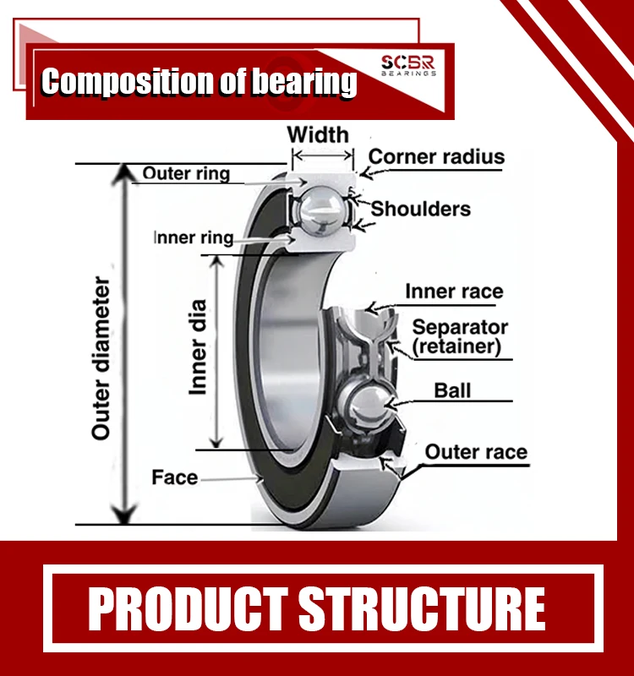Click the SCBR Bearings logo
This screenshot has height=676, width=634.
[407, 65]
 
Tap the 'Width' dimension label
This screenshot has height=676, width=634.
[317, 134]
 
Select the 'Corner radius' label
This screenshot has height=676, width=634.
[436, 156]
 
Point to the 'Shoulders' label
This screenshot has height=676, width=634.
[421, 208]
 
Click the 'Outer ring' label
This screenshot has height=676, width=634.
[186, 174]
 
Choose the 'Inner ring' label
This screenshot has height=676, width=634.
[193, 237]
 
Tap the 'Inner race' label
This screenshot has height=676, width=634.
[454, 292]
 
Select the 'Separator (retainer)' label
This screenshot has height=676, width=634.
[460, 336]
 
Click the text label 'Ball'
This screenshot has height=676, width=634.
[452, 390]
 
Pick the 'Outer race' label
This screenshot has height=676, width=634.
[475, 452]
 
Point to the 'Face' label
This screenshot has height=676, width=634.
[174, 477]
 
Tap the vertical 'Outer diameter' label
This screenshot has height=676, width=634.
[101, 357]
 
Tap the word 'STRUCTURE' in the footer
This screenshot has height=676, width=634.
[422, 608]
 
